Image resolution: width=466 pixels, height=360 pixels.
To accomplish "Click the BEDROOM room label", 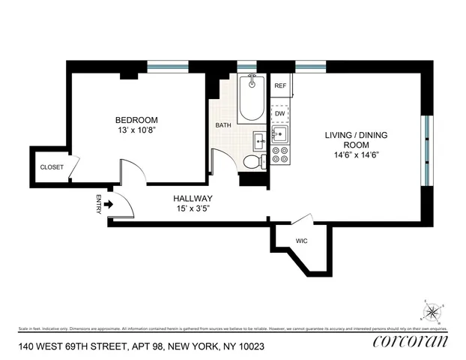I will [136, 120].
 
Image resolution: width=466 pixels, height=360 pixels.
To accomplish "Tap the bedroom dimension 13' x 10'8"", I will [136, 131].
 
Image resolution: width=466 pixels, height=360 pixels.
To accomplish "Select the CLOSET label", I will [52, 166].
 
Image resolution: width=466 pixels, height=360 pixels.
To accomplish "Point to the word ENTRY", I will [99, 205].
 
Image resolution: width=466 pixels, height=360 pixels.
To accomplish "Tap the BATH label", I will [223, 125].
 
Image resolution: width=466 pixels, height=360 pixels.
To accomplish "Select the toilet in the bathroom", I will [253, 160].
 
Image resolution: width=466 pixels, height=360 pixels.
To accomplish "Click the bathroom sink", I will [258, 139].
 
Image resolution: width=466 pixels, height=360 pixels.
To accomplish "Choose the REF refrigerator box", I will [280, 85].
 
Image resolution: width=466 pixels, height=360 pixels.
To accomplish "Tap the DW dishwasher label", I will [280, 114].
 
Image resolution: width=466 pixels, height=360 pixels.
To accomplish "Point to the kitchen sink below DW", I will [279, 135].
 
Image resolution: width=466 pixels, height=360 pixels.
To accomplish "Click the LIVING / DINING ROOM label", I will [351, 140].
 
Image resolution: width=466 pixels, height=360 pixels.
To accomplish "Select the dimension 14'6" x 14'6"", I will [351, 157].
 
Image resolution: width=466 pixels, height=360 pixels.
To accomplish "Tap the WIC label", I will [302, 241].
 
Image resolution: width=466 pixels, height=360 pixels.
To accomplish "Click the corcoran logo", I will [410, 341].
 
